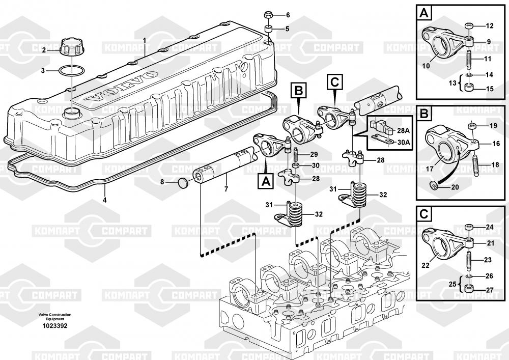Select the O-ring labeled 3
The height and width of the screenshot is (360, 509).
pyautogui.click(x=71, y=70)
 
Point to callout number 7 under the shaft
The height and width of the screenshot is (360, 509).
pyautogui.click(x=227, y=188)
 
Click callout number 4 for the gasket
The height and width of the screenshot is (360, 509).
pyautogui.click(x=104, y=200)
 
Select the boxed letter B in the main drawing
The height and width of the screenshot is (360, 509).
pyautogui.click(x=298, y=91)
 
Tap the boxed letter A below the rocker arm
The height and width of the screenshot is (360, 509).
pyautogui.click(x=266, y=180)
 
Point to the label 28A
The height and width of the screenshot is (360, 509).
pyautogui.click(x=403, y=130)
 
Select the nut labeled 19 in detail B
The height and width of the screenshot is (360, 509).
pyautogui.click(x=471, y=125)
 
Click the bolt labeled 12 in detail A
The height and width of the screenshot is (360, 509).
pyautogui.click(x=469, y=25)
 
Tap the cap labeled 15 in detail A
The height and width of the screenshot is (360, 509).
pyautogui.click(x=469, y=88)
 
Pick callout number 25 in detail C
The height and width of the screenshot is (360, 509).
pyautogui.click(x=452, y=284)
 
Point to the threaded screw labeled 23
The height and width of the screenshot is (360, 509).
pyautogui.click(x=469, y=260)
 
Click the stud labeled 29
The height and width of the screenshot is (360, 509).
pyautogui.click(x=296, y=154)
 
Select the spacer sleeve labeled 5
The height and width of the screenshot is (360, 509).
pyautogui.click(x=268, y=29)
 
